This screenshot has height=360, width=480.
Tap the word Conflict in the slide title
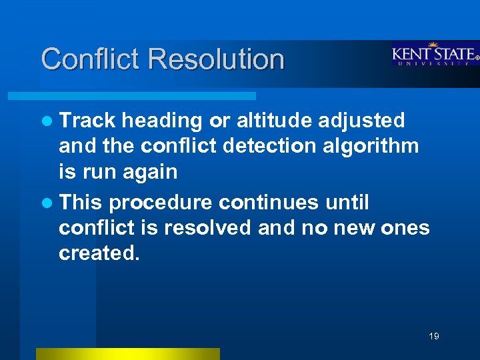pyautogui.click(x=91, y=59)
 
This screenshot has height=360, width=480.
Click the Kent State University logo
pyautogui.click(x=434, y=55)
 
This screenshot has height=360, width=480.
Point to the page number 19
pyautogui.click(x=434, y=336)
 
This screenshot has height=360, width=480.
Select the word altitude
pyautogui.click(x=274, y=121)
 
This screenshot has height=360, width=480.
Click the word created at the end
pyautogui.click(x=100, y=254)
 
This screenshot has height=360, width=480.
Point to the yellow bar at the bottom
pyautogui.click(x=127, y=354)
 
